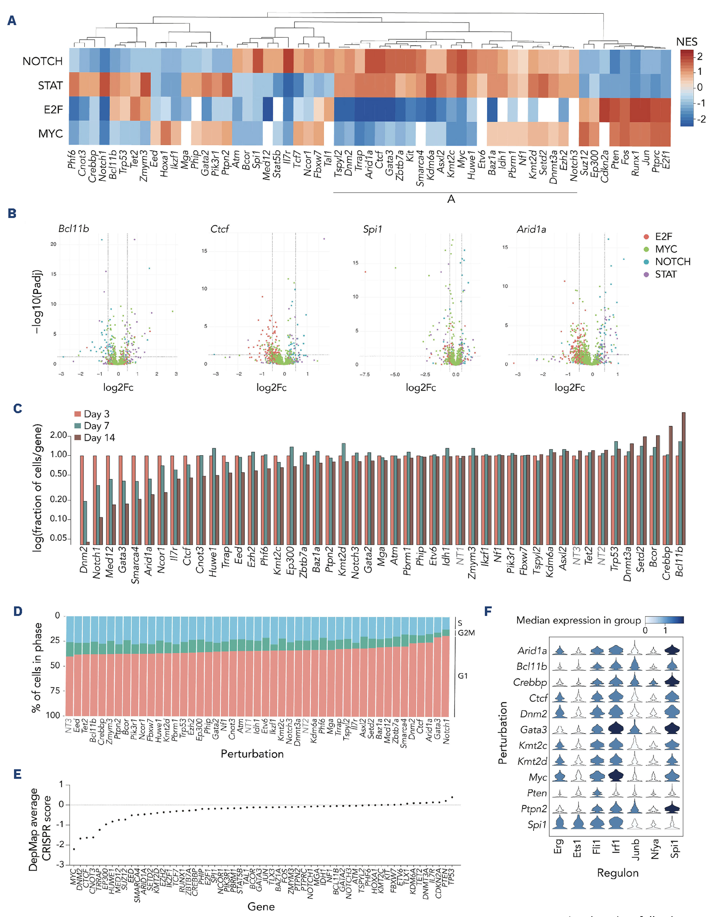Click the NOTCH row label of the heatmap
tap(42, 61)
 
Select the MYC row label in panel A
tap(50, 134)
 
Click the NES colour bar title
tap(686, 42)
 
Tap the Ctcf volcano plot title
tap(220, 229)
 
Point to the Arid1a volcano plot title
tap(531, 229)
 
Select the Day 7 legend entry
tap(92, 426)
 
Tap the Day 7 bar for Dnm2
tap(85, 522)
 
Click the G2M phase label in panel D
tap(466, 633)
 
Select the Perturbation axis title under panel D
tap(252, 754)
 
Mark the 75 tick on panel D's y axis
tap(55, 690)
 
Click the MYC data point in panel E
tap(74, 849)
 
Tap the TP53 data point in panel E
tap(452, 797)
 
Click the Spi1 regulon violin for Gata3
tap(672, 729)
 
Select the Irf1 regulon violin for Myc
tap(615, 777)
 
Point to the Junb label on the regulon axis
tap(636, 850)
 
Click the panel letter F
tap(488, 611)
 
